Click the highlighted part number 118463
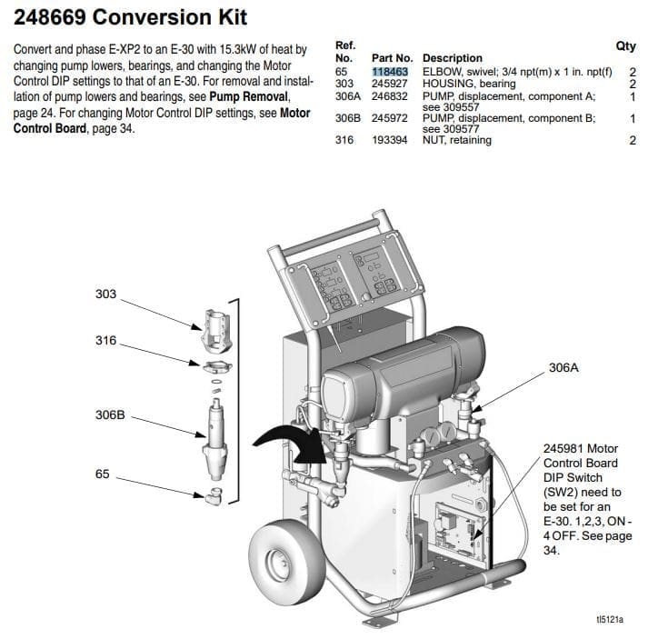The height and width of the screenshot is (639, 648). point(390,72)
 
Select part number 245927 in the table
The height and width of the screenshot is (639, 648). point(389,84)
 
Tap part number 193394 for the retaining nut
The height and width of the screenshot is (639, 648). point(389,140)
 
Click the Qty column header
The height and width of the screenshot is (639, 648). point(625,45)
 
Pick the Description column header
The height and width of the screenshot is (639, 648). point(452,58)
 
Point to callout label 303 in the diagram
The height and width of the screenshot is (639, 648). point(105,294)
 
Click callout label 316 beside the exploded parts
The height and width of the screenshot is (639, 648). point(105,340)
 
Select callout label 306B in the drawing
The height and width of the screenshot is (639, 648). point(110,414)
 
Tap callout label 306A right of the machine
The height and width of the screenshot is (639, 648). point(563,367)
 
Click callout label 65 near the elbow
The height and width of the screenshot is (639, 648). point(102,474)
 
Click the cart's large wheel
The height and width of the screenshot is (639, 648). point(286,562)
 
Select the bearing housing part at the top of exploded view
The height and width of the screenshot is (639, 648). point(216,331)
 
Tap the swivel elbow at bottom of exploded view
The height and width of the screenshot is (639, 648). point(214,495)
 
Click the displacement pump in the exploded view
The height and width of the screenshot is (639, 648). point(214,440)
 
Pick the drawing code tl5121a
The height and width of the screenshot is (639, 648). point(610,619)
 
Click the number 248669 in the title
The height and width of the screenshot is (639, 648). point(50,17)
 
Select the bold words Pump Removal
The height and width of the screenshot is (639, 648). point(248,96)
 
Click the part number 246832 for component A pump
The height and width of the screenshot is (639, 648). point(389,96)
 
